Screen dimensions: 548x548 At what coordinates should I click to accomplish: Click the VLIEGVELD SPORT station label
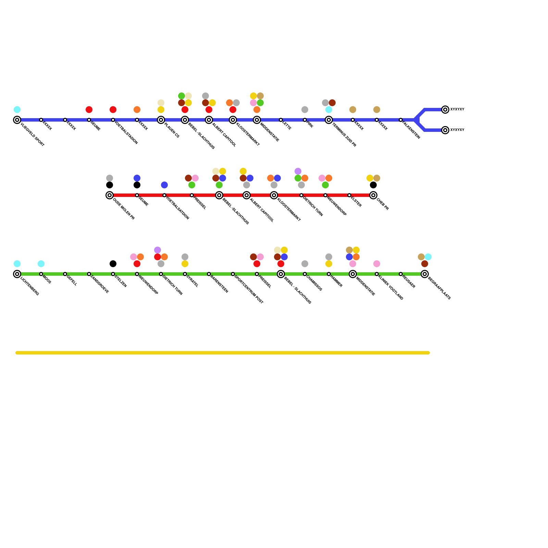point(32,135)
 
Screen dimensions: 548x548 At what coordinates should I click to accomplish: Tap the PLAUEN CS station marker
point(161,120)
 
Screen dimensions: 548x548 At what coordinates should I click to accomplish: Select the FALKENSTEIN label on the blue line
point(411,130)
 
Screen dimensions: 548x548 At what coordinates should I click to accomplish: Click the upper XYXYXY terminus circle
point(445,110)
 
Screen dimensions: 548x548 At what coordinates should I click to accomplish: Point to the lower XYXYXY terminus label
point(457,130)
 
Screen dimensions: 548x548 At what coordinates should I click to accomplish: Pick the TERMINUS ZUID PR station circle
point(329,120)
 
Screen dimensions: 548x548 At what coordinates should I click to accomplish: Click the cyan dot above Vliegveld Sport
point(17,110)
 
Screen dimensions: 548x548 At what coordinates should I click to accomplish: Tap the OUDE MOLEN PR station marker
point(110,195)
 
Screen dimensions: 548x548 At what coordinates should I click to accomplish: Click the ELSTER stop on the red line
point(349,195)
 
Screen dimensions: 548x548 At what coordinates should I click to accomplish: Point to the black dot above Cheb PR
point(373,185)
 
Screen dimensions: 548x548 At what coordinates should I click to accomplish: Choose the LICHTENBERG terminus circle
point(17,274)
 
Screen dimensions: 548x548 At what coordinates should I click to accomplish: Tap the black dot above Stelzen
point(113,264)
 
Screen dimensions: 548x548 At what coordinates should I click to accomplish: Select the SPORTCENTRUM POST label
point(249,289)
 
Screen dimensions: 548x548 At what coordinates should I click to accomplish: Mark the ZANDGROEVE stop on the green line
point(89,274)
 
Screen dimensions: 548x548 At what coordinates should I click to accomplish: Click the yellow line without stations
point(223,353)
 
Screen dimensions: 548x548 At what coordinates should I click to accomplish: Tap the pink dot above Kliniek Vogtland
point(377,264)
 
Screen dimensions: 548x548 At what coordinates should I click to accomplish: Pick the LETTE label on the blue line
point(287,126)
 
